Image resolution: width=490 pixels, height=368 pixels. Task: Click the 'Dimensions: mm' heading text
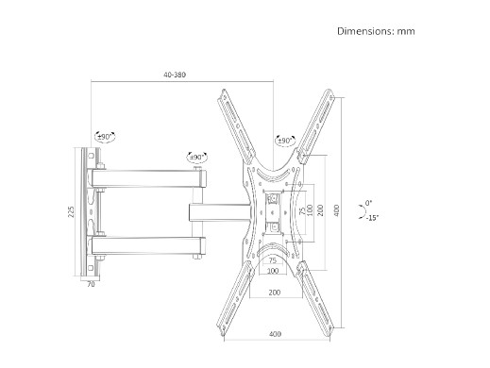coord(376,31)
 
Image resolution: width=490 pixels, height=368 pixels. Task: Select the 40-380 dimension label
coord(175,75)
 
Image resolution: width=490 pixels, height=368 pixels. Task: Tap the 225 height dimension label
coord(72,211)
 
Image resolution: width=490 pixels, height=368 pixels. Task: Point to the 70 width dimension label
coord(91,284)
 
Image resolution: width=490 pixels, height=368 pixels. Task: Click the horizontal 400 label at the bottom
coord(275,334)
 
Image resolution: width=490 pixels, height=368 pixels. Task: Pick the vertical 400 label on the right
coord(336,210)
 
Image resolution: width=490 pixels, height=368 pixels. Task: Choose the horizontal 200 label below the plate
coord(275,293)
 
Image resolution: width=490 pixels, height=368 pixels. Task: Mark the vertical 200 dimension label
coord(320,210)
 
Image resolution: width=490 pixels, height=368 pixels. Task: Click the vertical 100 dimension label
coord(310,210)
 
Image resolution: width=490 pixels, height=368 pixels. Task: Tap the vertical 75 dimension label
coord(302,210)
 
